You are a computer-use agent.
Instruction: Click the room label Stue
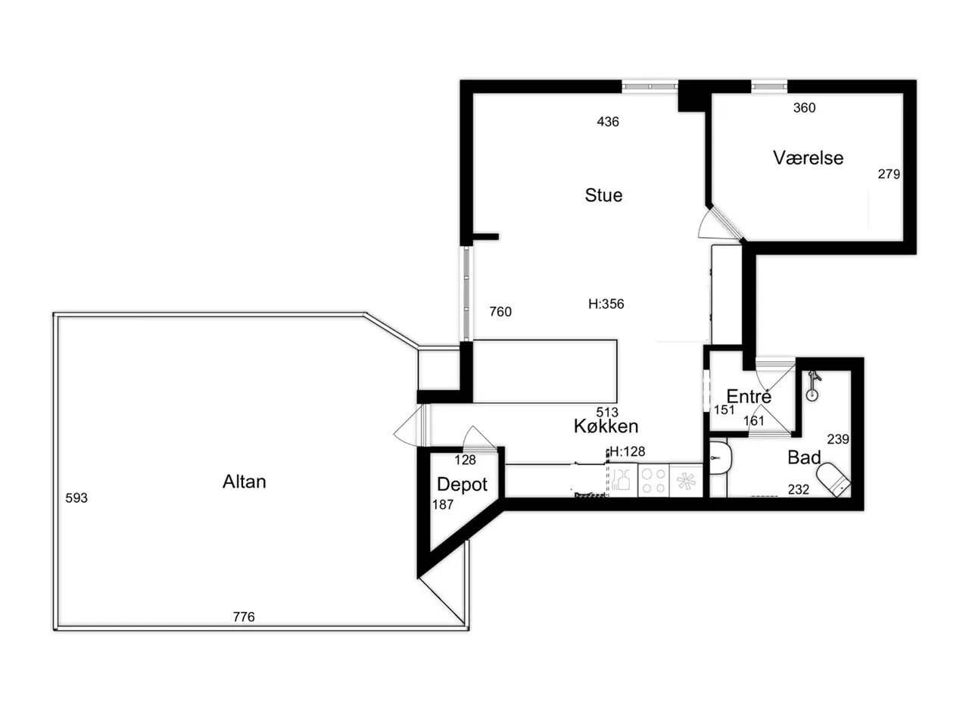pos(603,195)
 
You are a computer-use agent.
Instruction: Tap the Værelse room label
pos(808,158)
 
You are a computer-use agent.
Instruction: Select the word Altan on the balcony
pos(244,482)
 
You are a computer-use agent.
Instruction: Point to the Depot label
pos(462,485)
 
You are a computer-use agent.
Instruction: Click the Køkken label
pos(606,426)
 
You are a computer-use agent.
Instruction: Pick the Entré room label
pos(749,396)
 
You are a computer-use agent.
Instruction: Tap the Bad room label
pos(804,457)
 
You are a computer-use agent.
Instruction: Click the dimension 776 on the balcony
pos(244,616)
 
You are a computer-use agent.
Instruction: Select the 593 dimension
pos(76,498)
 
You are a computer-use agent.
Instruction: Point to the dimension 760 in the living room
pos(500,312)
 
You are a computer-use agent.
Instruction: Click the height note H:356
pos(606,304)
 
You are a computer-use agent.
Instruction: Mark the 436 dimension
pos(608,121)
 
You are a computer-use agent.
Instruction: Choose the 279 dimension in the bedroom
pos(889,174)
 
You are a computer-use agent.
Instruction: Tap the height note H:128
pos(627,451)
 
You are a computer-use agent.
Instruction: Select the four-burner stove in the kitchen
pos(653,481)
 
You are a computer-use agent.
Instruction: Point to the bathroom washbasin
pos(721,458)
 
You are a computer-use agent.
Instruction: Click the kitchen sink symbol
pos(622,480)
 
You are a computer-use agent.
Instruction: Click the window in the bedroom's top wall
pos(769,86)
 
